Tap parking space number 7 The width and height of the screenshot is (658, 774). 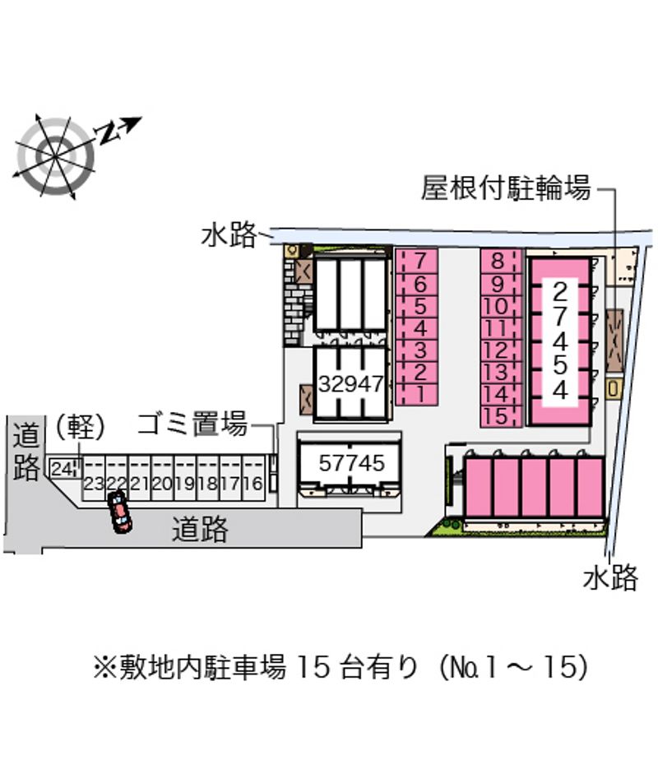(x=417, y=260)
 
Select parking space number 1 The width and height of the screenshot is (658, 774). (x=417, y=395)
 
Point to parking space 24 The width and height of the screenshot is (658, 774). (x=63, y=468)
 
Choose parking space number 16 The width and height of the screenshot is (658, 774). (x=253, y=479)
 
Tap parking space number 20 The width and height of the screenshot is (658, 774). (x=162, y=479)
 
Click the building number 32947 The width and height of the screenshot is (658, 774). (x=351, y=383)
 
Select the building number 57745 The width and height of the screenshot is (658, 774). (x=351, y=463)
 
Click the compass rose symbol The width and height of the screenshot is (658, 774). (x=55, y=156)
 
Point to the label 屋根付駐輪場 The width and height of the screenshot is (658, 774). (x=506, y=188)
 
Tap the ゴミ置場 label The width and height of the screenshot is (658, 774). (x=192, y=424)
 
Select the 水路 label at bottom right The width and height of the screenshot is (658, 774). (x=610, y=577)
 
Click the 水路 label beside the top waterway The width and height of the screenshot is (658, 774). (x=229, y=234)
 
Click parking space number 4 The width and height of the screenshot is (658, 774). (x=417, y=327)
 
